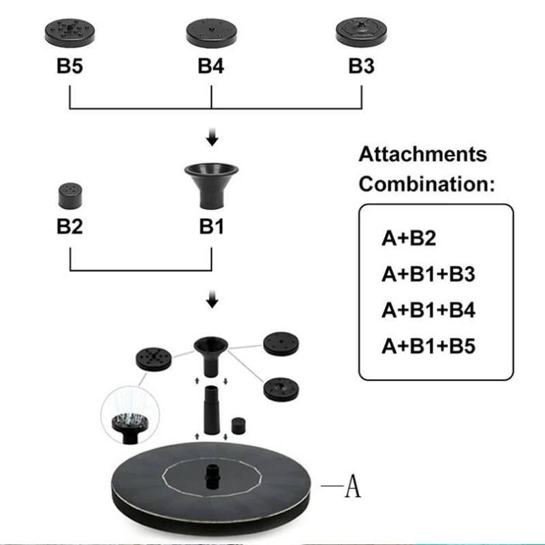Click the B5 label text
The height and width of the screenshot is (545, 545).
(x=69, y=67)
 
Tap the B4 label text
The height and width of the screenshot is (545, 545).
(x=211, y=67)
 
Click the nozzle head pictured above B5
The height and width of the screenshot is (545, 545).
(x=71, y=31)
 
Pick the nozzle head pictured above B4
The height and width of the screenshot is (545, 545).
(x=212, y=32)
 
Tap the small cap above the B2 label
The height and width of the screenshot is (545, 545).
(x=69, y=197)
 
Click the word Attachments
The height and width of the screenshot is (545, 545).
(x=423, y=154)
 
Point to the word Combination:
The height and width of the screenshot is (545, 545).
(x=426, y=184)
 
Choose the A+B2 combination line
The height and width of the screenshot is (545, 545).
(x=409, y=238)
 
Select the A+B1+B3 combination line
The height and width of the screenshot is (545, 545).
(x=428, y=275)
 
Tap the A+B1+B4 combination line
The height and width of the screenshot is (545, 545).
(x=428, y=311)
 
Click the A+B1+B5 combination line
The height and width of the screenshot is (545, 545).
(x=428, y=347)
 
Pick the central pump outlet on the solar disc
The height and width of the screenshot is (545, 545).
(x=212, y=473)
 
